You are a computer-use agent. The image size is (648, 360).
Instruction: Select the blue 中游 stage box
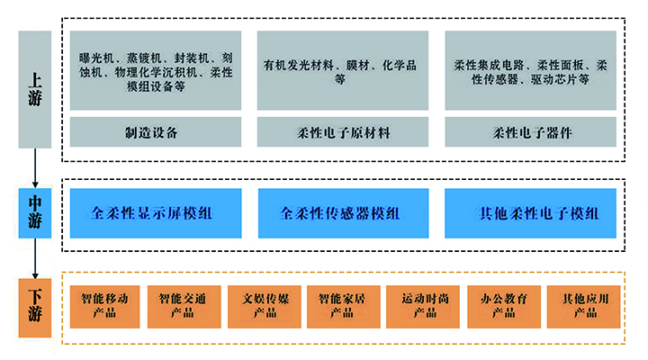tap(34, 212)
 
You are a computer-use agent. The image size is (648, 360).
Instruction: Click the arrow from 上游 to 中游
tap(34, 166)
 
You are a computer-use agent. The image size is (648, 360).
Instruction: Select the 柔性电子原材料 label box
tap(343, 132)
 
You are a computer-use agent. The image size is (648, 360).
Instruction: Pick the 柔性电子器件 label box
tap(531, 132)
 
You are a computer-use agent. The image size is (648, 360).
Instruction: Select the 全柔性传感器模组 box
tap(343, 214)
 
